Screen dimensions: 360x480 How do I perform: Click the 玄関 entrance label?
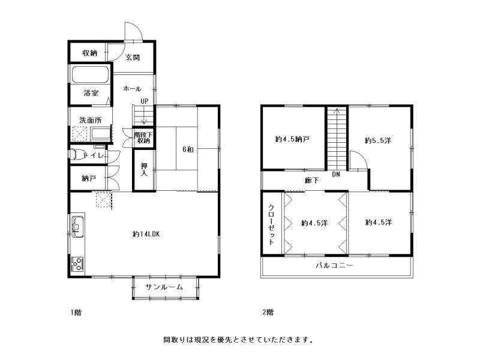133,58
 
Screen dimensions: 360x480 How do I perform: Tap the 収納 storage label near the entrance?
89,53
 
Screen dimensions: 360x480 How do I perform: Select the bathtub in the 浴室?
90,76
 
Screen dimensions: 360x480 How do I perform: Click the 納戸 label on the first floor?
89,178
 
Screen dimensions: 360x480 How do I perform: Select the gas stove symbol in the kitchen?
77,262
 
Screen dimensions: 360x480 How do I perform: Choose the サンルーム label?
164,287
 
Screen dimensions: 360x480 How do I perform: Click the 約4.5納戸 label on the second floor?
293,140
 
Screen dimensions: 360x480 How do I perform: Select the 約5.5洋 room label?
379,140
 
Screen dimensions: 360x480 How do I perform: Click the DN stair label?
336,175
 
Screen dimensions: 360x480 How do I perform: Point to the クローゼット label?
271,224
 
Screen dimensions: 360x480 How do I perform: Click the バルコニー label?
335,265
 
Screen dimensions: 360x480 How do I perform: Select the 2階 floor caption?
268,312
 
